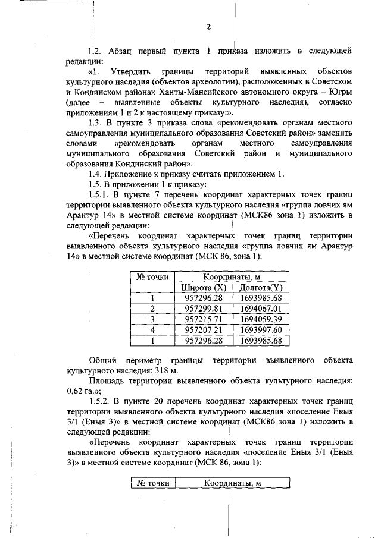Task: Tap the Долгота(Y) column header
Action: (x=261, y=288)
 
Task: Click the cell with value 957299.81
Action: (x=204, y=309)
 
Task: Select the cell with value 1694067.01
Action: (x=261, y=309)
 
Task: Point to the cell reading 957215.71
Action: (x=204, y=319)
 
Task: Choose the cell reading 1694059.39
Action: (x=261, y=319)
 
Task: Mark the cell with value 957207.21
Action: (x=204, y=330)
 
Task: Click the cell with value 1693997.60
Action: (x=261, y=330)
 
